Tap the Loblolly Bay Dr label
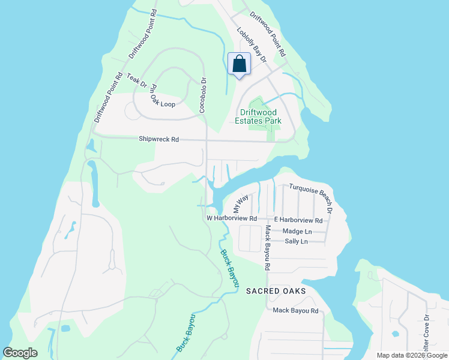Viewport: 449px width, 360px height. (x=252, y=46)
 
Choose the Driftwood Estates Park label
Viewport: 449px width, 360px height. (x=261, y=116)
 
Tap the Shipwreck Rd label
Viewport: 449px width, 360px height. (x=159, y=139)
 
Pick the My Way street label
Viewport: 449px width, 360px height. (x=241, y=204)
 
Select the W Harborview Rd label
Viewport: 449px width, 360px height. (x=232, y=218)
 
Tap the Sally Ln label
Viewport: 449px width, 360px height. (x=296, y=241)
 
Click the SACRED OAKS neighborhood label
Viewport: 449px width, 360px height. (x=276, y=291)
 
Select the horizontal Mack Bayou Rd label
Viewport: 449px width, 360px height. (x=295, y=311)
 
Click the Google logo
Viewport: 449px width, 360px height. (x=20, y=353)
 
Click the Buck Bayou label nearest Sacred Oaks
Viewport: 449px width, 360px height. (x=229, y=267)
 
